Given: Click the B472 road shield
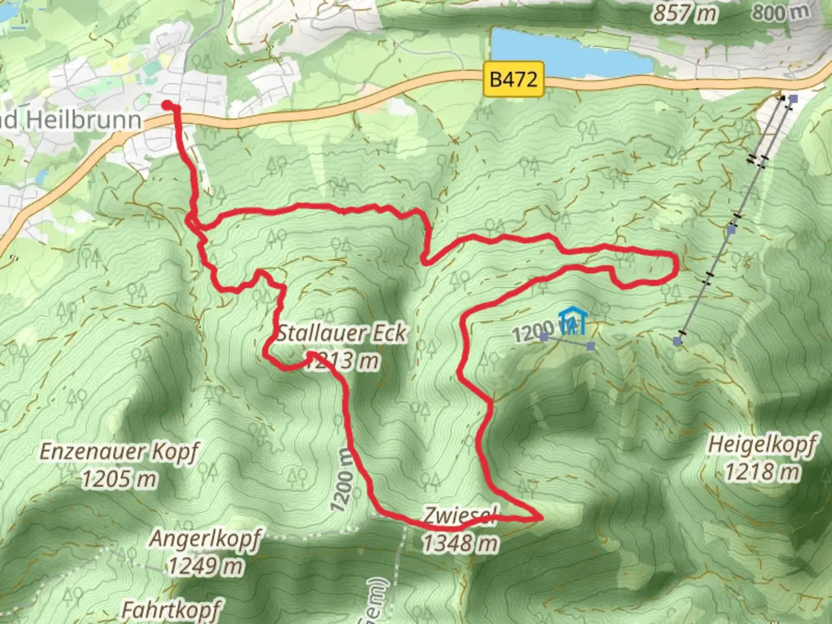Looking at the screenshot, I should click(x=513, y=79).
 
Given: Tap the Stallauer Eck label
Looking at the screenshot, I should click(x=342, y=333).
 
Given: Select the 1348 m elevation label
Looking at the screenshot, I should click(x=460, y=543).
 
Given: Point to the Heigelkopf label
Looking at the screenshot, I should click(x=762, y=445).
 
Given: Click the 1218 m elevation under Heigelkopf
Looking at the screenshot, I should click(x=762, y=473).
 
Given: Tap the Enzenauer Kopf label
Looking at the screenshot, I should click(x=119, y=451).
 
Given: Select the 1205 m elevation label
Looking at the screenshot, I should click(x=119, y=479).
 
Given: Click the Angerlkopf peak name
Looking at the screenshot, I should click(x=205, y=539).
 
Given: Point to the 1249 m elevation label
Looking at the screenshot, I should click(x=205, y=566).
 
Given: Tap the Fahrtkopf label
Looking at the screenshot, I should click(x=172, y=610).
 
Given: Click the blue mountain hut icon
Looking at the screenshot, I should click(x=573, y=322).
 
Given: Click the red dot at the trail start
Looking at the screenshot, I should click(x=167, y=105).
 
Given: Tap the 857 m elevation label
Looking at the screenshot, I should click(x=685, y=13).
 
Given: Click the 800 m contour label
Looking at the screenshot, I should click(x=780, y=12).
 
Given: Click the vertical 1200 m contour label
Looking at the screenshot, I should click(x=342, y=480).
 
